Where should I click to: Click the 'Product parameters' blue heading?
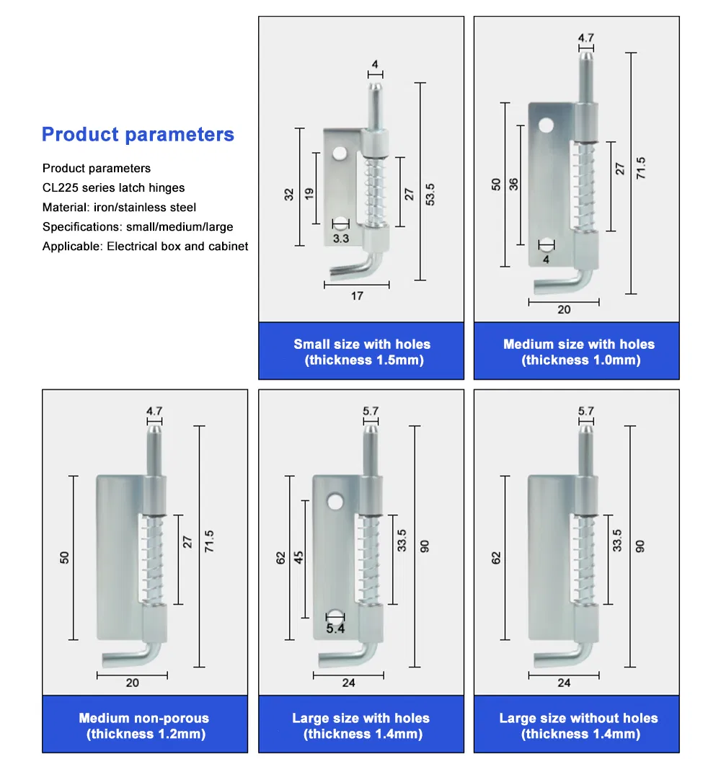(x=138, y=135)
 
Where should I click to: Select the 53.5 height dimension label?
(x=430, y=194)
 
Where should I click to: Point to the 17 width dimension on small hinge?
(x=357, y=296)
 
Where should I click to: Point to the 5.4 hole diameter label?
(x=335, y=629)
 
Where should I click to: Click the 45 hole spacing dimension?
(x=299, y=557)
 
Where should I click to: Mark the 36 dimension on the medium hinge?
(x=513, y=184)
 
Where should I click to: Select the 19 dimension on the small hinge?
(x=309, y=194)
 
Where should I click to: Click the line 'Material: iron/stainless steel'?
(x=119, y=208)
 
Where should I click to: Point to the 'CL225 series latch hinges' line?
(x=113, y=188)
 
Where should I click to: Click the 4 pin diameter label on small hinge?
(x=374, y=65)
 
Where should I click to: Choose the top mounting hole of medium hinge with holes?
(x=547, y=127)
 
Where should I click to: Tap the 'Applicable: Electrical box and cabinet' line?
(x=145, y=247)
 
